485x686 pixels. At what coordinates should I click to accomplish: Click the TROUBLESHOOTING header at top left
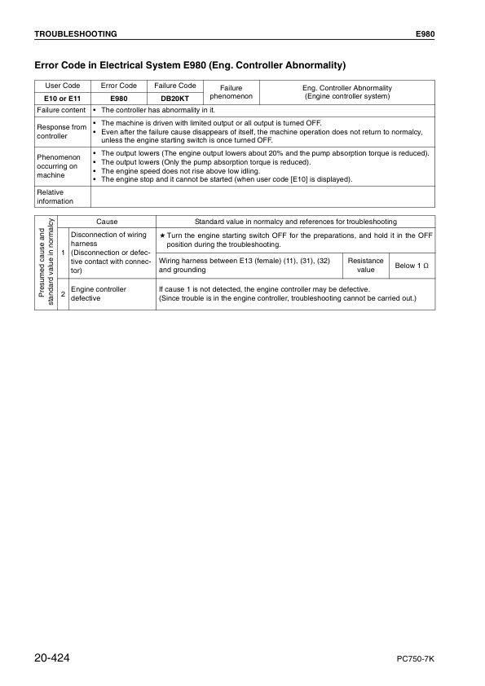75,34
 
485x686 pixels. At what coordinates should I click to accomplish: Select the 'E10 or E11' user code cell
62,98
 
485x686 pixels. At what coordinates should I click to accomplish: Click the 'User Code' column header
62,86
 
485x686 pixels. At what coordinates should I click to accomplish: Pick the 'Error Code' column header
118,86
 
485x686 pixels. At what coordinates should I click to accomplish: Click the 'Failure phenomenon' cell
231,92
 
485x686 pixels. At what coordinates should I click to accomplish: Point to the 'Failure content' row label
61,110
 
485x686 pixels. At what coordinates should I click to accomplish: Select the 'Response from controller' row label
61,131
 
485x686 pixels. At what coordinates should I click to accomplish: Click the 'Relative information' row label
55,196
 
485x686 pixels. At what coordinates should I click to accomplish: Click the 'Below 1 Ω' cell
412,266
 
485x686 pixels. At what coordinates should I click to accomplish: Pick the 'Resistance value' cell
366,266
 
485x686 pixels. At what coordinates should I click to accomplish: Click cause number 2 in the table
64,293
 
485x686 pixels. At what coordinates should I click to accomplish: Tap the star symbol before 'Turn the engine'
162,235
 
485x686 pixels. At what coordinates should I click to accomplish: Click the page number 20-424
58,656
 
